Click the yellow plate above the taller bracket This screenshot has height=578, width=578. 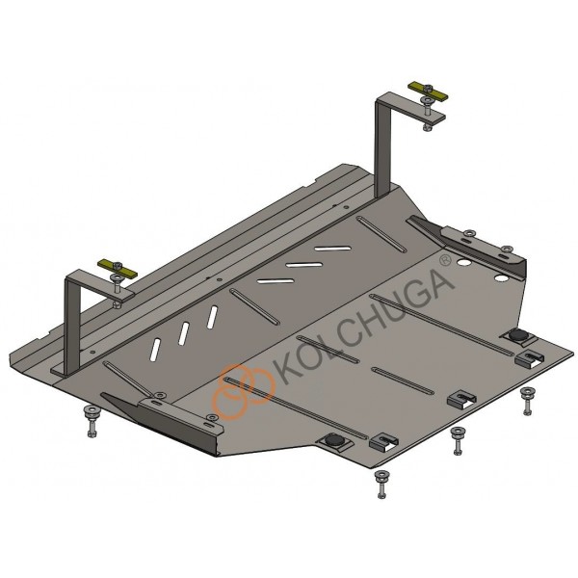click(428, 92)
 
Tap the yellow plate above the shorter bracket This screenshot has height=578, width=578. click(118, 270)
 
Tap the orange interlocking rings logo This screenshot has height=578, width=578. click(245, 392)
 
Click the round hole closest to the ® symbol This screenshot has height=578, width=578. click(463, 263)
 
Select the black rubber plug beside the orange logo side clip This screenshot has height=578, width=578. click(333, 440)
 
